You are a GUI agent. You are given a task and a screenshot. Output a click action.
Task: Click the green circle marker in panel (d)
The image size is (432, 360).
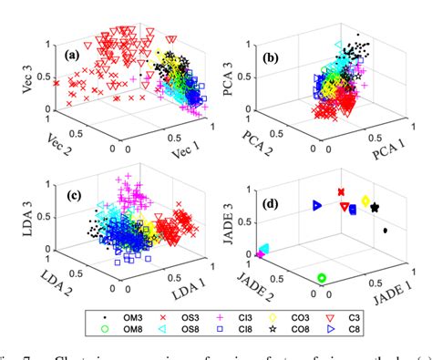pos(320,278)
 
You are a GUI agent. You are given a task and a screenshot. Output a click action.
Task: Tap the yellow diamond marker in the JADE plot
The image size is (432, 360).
pos(365,201)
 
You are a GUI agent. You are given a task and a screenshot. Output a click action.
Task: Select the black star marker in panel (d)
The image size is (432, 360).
pos(375,208)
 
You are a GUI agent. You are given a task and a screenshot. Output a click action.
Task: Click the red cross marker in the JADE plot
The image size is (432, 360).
pos(340,192)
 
